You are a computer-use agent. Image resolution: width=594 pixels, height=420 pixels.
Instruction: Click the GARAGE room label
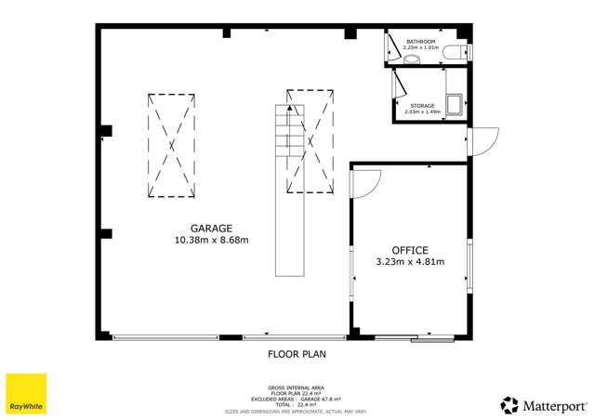211,228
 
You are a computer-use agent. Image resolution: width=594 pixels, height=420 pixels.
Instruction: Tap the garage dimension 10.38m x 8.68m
211,240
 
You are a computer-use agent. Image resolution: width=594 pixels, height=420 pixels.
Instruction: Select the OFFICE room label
409,250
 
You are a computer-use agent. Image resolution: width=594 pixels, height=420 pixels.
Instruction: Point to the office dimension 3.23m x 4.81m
409,262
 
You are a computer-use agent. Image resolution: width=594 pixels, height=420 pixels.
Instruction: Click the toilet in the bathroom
455,54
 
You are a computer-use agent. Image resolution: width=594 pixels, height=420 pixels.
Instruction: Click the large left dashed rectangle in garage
170,144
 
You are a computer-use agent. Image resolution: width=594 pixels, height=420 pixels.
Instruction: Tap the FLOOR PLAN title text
297,354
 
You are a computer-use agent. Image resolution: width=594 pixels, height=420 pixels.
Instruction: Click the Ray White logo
26,394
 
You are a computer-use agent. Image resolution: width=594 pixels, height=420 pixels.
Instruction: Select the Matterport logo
544,404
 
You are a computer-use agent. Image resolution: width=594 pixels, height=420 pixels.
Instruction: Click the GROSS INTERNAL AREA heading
297,387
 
